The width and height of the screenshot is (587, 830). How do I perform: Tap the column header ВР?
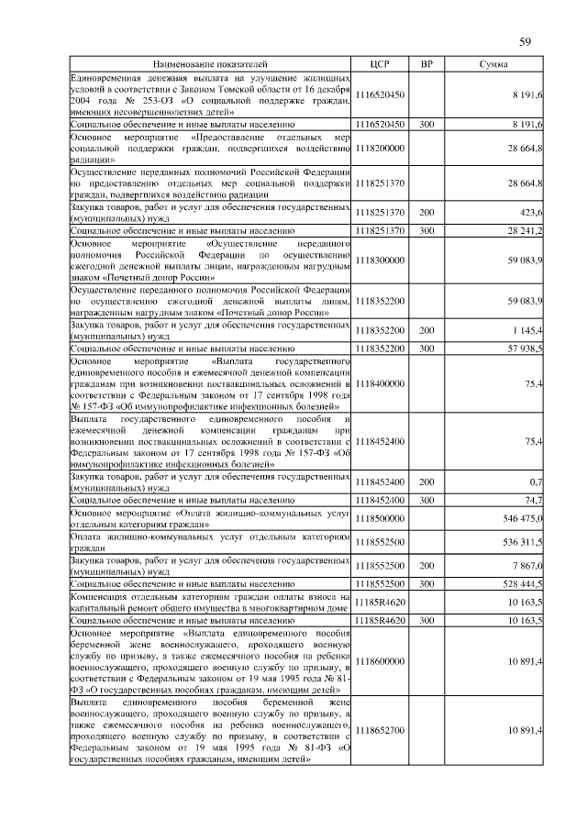click(426, 65)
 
